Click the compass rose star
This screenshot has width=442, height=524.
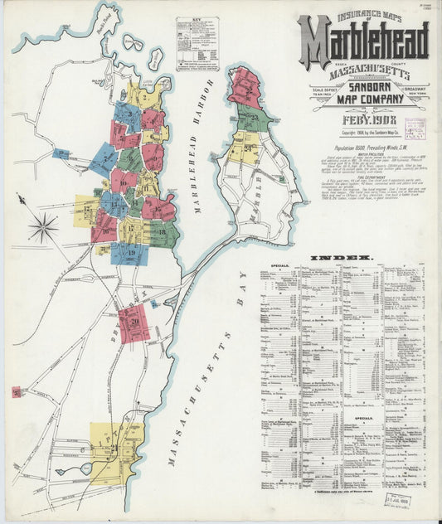pos(43,227)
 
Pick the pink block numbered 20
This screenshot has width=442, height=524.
pos(133,323)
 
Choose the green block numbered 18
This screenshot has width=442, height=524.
pos(163,235)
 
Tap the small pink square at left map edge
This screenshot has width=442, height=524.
pos(16,392)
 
